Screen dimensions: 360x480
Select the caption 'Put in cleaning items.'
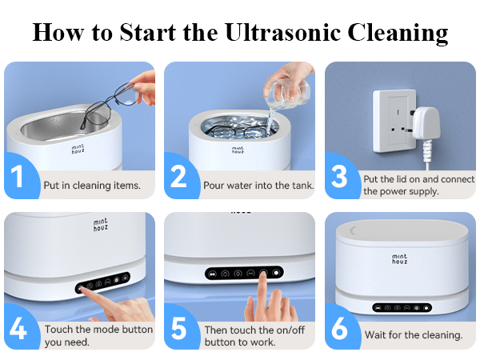coord(93,186)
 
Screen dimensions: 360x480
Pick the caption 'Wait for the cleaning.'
coord(414,335)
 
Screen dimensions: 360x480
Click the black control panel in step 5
coord(245,272)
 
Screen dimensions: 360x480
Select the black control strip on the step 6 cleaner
coord(402,306)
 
